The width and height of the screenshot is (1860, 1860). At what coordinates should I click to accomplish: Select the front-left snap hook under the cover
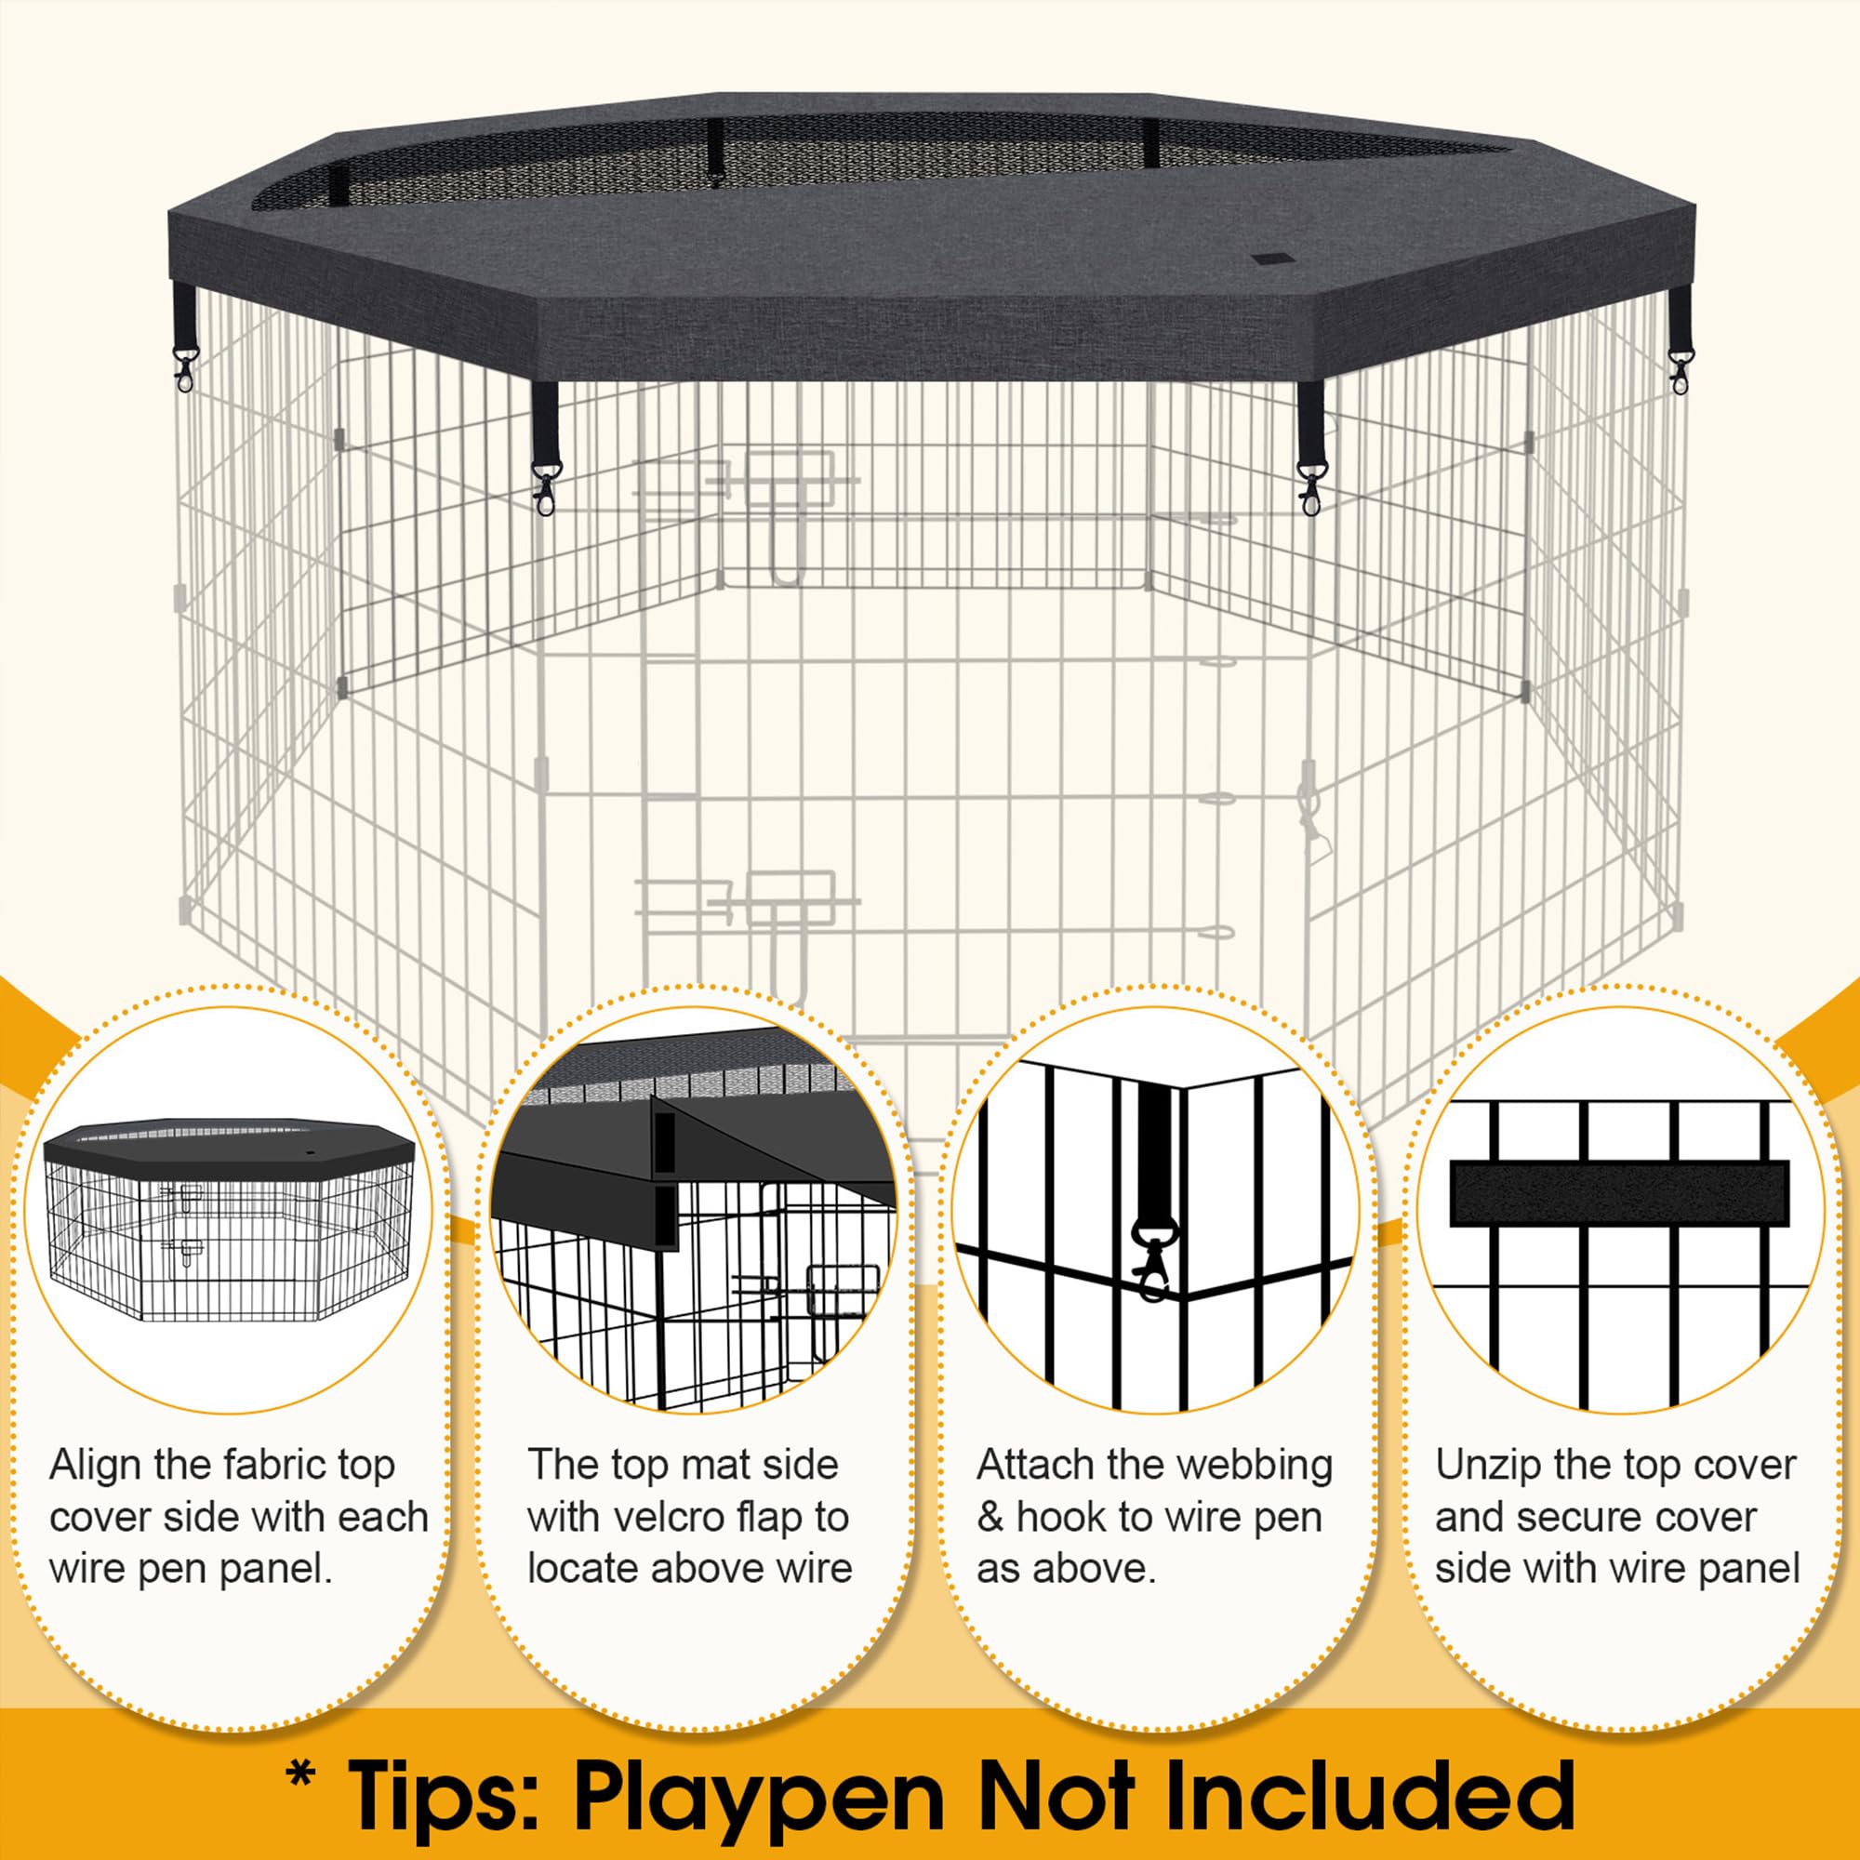(545, 487)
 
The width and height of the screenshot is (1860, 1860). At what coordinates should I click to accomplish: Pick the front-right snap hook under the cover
(1309, 487)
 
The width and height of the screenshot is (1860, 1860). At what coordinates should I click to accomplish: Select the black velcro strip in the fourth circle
(1618, 1193)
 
